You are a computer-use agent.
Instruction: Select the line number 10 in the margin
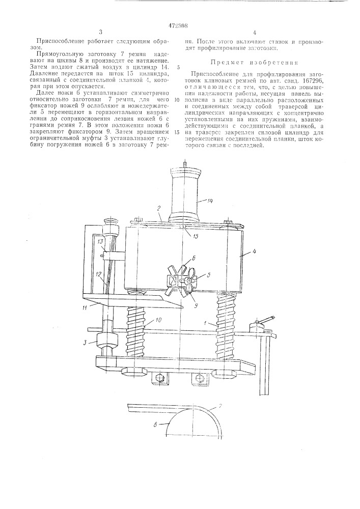pos(177,100)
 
